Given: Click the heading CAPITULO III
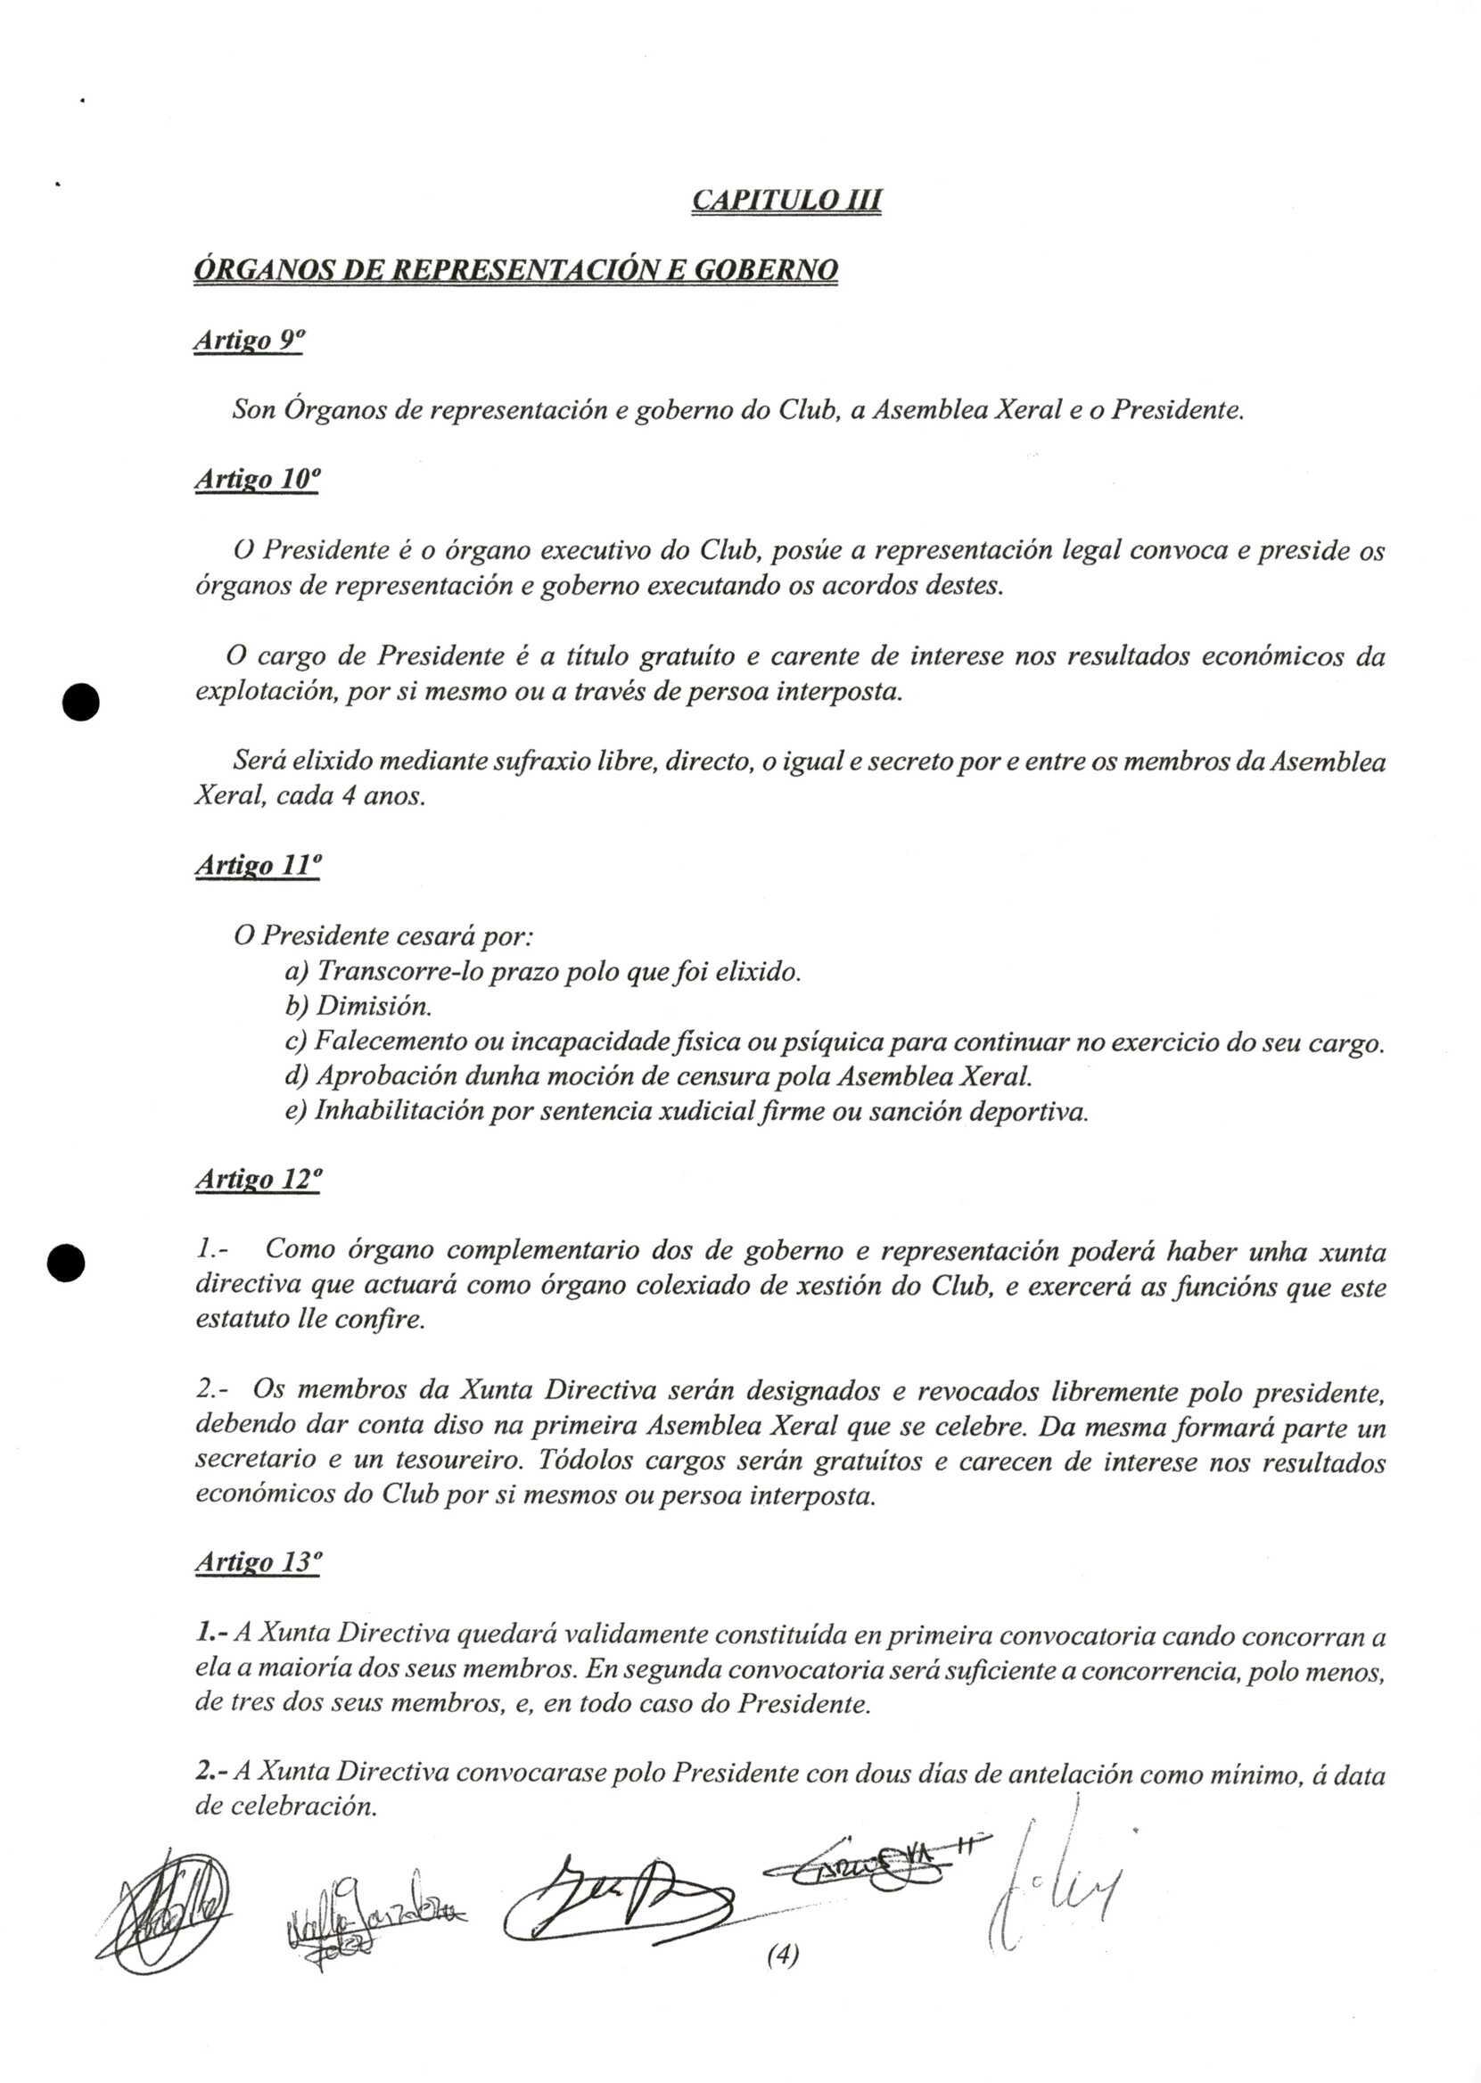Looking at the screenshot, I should point(786,200).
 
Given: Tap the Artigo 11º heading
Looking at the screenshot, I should point(257,866).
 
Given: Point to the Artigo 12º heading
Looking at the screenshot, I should point(259,1179).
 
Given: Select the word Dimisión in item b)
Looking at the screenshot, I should point(373,1007).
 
